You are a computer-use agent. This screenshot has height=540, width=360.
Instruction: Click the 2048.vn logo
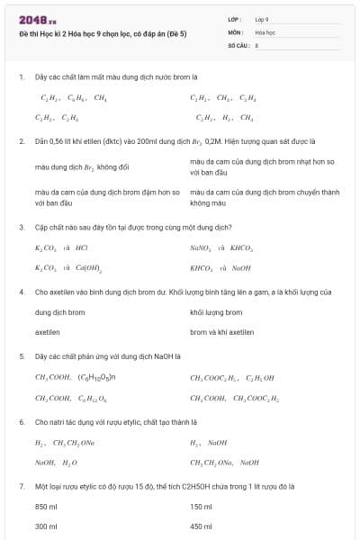pos(37,19)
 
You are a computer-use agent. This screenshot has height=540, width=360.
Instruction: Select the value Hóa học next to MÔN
pos(265,31)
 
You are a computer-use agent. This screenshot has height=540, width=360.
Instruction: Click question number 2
pos(21,141)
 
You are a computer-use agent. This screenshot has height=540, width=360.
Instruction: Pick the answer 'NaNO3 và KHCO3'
pos(221,247)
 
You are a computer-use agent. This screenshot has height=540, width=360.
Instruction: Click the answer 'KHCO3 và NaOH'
pos(220,267)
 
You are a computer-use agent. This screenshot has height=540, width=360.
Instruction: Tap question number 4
pos(21,292)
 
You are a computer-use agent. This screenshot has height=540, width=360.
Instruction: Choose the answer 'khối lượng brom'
pos(216,312)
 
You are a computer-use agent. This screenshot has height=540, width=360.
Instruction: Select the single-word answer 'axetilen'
pos(47,331)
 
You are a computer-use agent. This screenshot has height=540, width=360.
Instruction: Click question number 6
pos(21,421)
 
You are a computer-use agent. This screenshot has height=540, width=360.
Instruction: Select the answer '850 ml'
pos(46,507)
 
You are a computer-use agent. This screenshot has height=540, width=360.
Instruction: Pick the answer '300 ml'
pos(46,526)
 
